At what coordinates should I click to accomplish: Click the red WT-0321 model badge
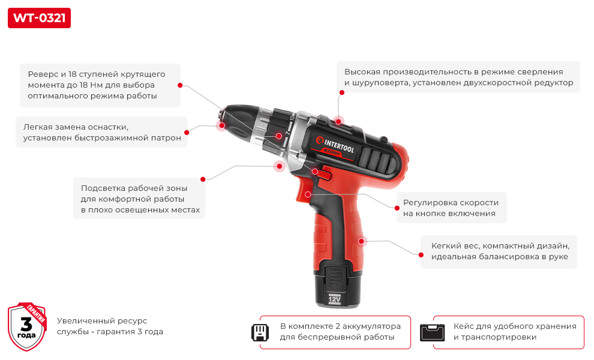[39, 18]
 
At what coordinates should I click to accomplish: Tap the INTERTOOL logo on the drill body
[335, 146]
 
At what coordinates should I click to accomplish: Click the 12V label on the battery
[335, 299]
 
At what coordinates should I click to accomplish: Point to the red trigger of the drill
[304, 191]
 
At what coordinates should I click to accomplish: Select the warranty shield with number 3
[27, 326]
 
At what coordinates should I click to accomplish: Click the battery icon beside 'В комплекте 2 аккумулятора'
[260, 332]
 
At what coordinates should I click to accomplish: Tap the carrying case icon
[432, 332]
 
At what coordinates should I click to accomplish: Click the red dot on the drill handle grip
[361, 241]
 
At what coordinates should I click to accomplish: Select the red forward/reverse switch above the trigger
[323, 174]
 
